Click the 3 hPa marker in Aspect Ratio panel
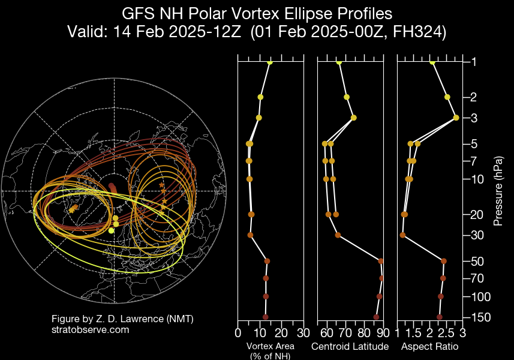456,118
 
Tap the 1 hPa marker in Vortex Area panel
270,62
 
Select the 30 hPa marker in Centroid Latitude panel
338,235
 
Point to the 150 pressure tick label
477,317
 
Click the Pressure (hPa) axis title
498,189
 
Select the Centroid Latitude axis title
350,347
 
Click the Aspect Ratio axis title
429,347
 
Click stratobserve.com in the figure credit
91,329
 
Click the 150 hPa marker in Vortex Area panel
265,317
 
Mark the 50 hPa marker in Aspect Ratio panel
444,261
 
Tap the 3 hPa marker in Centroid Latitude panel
354,118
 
